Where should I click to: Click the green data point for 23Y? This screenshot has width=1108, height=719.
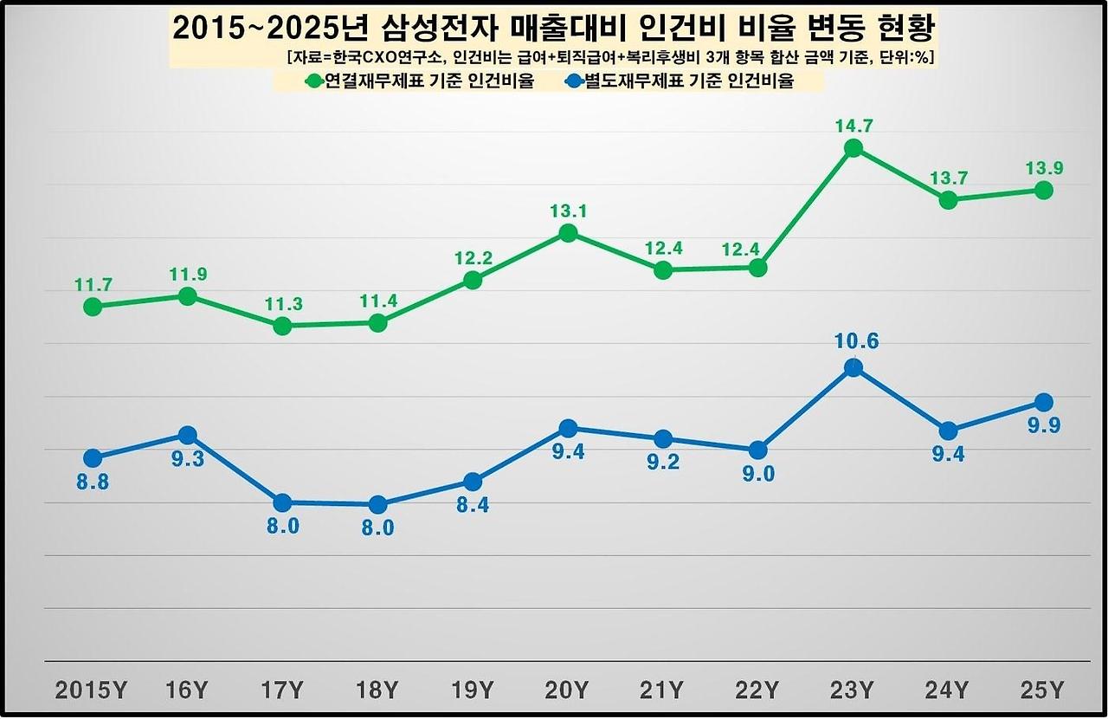(854, 148)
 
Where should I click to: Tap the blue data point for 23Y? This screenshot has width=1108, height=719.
(854, 368)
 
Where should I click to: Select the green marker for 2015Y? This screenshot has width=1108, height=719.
(93, 307)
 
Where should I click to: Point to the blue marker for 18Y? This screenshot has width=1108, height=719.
(377, 504)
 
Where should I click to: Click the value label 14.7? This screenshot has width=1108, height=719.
(854, 126)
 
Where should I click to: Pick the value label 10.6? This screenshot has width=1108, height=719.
(855, 341)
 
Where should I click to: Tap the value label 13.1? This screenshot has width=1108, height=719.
(569, 211)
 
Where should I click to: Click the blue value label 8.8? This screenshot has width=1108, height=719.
(93, 483)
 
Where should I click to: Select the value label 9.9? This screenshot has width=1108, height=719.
(1044, 425)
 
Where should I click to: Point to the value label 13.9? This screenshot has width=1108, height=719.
(1044, 168)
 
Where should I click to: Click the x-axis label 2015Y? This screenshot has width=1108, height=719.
(92, 690)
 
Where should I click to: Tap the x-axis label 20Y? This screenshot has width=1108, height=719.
(567, 690)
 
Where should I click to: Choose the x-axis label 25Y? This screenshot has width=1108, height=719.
(1043, 690)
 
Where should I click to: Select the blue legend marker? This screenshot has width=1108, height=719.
(573, 82)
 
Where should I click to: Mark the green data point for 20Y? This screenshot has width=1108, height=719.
(568, 233)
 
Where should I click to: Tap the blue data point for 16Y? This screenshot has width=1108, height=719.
(187, 435)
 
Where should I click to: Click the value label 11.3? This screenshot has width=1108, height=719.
(282, 304)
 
